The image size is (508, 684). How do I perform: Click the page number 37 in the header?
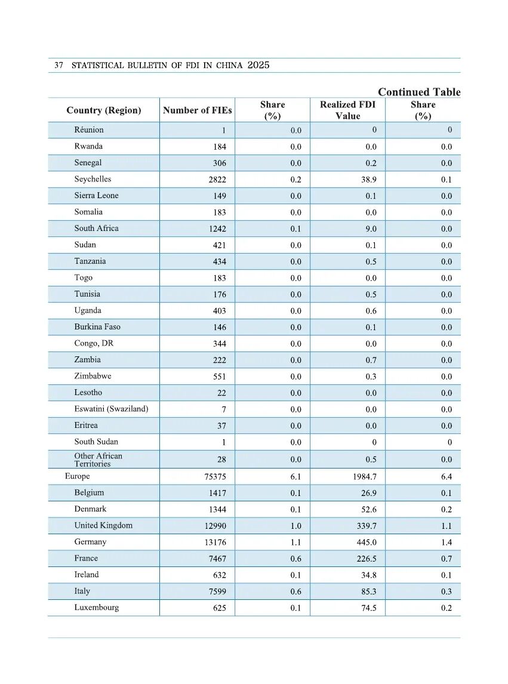(x=59, y=65)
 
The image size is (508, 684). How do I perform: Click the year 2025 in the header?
(x=258, y=65)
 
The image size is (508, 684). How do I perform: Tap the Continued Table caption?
(x=419, y=92)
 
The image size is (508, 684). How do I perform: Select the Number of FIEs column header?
(x=197, y=110)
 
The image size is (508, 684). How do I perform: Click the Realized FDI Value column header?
(x=347, y=110)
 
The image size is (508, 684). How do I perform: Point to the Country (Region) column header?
(x=104, y=110)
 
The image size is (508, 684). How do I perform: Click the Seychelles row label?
(x=93, y=179)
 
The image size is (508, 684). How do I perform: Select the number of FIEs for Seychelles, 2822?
(x=217, y=180)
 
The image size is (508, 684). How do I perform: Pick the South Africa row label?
(x=96, y=228)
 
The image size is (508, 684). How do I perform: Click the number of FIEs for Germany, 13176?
(x=215, y=543)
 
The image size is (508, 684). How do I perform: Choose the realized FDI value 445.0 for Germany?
(x=367, y=543)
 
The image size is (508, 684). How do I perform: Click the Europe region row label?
(x=77, y=476)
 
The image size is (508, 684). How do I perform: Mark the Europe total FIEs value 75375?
(x=215, y=477)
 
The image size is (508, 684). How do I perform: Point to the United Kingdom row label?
(x=103, y=525)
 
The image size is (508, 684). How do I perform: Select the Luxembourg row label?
(x=96, y=608)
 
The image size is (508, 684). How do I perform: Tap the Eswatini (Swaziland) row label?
(x=111, y=409)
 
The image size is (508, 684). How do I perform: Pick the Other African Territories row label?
(x=98, y=460)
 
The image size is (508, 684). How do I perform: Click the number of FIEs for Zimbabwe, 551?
(x=220, y=377)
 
